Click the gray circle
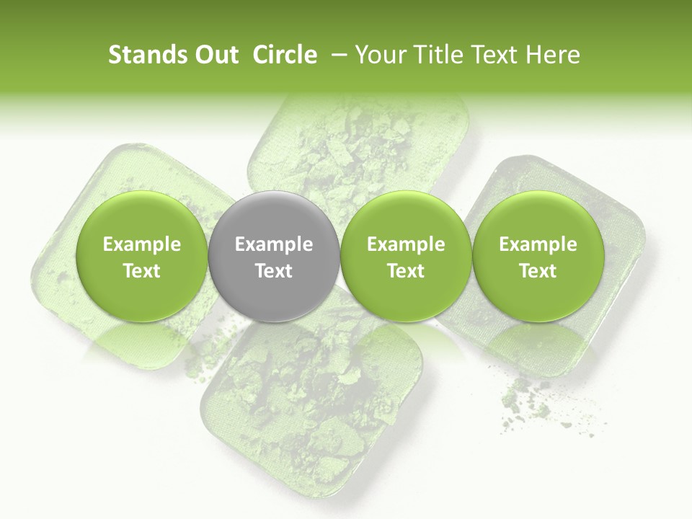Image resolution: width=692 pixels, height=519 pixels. (273, 257)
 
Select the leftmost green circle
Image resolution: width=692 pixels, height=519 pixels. (141, 257)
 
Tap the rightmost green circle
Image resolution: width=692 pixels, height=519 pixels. (538, 257)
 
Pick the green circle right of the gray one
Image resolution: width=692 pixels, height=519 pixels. (406, 257)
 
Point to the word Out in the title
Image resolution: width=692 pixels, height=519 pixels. (215, 55)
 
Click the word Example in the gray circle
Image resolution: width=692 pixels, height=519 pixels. (274, 244)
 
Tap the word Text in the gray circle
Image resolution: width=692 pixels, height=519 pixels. (274, 271)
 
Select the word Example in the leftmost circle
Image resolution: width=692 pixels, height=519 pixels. (142, 244)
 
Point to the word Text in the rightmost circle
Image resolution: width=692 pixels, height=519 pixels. (538, 271)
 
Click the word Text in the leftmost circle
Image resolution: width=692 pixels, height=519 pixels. (142, 271)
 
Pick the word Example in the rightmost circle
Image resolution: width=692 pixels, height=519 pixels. (538, 244)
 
